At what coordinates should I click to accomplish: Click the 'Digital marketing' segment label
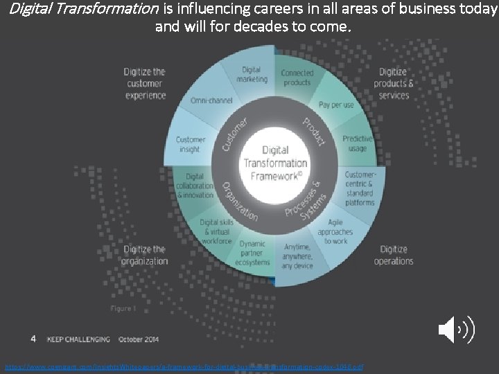251,74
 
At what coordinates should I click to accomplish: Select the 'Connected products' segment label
297,78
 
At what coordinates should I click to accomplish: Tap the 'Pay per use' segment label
335,105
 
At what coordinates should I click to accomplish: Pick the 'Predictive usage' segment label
357,144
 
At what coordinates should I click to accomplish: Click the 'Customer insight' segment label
191,144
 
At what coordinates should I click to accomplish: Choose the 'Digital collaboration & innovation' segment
195,186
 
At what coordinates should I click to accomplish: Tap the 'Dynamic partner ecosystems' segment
252,253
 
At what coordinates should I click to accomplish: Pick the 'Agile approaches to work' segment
335,231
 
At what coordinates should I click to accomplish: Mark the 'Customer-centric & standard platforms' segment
360,188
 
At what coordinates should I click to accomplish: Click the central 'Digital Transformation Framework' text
275,163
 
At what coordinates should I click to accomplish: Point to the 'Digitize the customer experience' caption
146,83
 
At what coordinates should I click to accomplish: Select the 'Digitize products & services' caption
394,83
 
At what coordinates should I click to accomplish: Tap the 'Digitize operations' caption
394,255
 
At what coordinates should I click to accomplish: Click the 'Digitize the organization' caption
144,255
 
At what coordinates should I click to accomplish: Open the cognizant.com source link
184,366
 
